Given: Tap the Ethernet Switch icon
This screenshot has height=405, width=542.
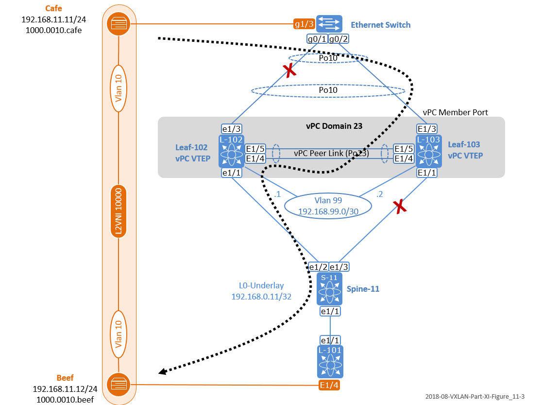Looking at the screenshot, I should tap(329, 24).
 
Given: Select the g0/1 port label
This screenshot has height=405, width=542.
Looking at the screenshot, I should tap(317, 39).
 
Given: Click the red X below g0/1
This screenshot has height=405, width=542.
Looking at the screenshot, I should tap(290, 71).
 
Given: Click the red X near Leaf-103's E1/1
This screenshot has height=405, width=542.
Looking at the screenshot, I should tap(400, 207).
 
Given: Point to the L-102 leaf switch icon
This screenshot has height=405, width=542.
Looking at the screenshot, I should tap(232, 150).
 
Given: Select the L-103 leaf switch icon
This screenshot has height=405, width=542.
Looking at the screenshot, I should tap(428, 150).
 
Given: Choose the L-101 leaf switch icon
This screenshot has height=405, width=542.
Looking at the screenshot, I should tap(331, 361).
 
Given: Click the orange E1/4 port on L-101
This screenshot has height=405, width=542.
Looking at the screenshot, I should tap(329, 386).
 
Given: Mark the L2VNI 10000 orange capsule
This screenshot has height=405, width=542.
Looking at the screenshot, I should tap(119, 211).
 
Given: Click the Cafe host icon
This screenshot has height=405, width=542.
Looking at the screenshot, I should tap(119, 24).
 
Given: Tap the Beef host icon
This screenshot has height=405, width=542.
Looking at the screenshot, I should tap(119, 384).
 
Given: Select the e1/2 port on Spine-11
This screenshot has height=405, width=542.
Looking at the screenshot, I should tap(319, 267).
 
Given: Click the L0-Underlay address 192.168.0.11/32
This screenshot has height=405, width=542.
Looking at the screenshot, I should tap(261, 296).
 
